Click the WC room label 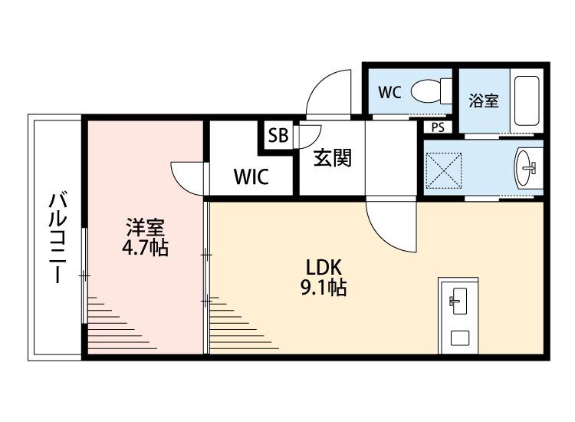pyautogui.click(x=389, y=93)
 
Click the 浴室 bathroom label pyautogui.click(x=484, y=100)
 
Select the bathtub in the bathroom pyautogui.click(x=527, y=100)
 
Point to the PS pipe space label pyautogui.click(x=438, y=127)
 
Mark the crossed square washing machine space pyautogui.click(x=445, y=168)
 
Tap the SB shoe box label pyautogui.click(x=277, y=137)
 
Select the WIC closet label pyautogui.click(x=251, y=177)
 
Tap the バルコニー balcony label pyautogui.click(x=56, y=238)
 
